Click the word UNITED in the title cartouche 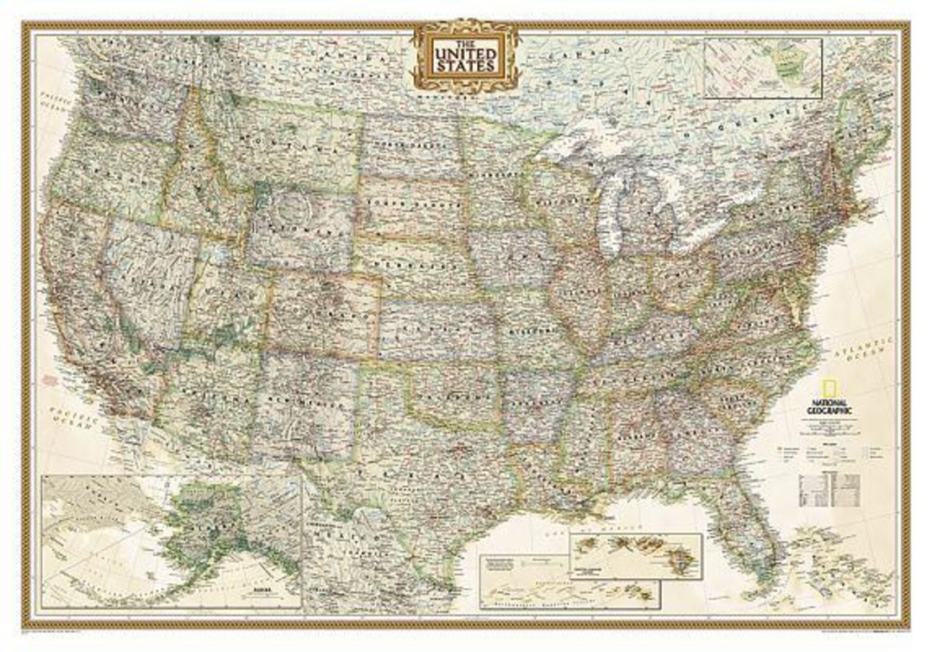[465, 54]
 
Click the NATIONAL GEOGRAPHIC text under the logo [827, 406]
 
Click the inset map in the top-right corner [763, 68]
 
